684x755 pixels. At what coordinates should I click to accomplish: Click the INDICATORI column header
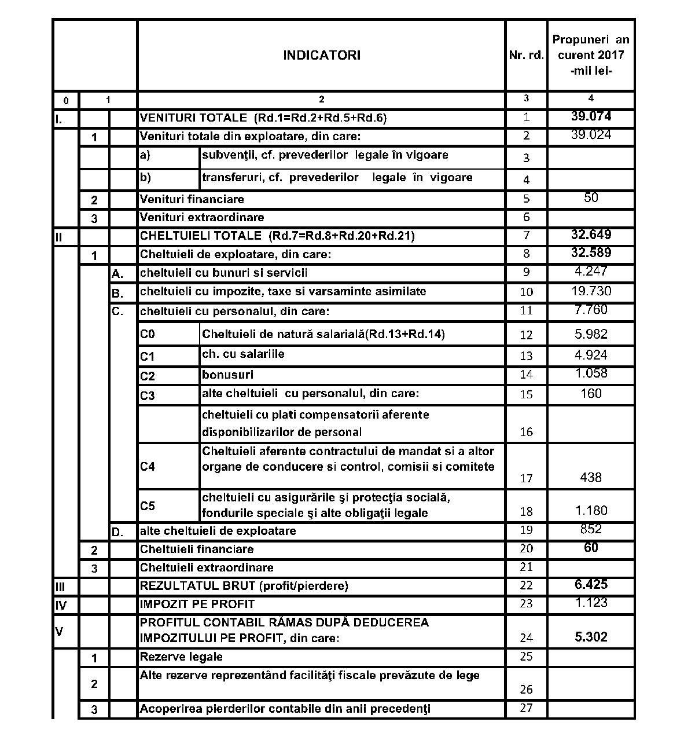[321, 56]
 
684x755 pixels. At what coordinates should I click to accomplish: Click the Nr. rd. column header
[526, 56]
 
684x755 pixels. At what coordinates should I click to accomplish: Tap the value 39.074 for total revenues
[591, 116]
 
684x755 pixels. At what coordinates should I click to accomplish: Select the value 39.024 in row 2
[591, 135]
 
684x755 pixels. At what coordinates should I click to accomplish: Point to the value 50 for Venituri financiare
[591, 198]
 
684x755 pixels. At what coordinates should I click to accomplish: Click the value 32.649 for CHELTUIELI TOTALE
[591, 234]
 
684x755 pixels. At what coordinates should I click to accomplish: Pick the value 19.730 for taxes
[591, 291]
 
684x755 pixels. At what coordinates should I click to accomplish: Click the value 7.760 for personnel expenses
[591, 310]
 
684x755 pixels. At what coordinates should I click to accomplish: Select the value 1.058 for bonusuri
[591, 373]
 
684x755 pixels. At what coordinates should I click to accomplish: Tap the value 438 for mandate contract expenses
[591, 478]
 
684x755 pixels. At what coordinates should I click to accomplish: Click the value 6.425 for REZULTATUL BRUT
[591, 584]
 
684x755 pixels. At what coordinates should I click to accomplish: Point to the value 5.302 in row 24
[591, 637]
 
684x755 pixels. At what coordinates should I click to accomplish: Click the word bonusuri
[227, 375]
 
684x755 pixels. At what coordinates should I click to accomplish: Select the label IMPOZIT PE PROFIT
[197, 604]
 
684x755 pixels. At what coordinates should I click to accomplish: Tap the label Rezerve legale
[181, 657]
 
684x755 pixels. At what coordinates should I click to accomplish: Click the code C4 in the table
[148, 467]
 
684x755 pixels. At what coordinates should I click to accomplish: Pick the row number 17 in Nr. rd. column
[526, 478]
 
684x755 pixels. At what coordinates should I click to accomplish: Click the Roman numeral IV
[61, 606]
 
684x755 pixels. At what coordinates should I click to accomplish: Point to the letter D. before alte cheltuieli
[117, 532]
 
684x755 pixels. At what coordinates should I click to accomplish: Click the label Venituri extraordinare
[202, 218]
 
